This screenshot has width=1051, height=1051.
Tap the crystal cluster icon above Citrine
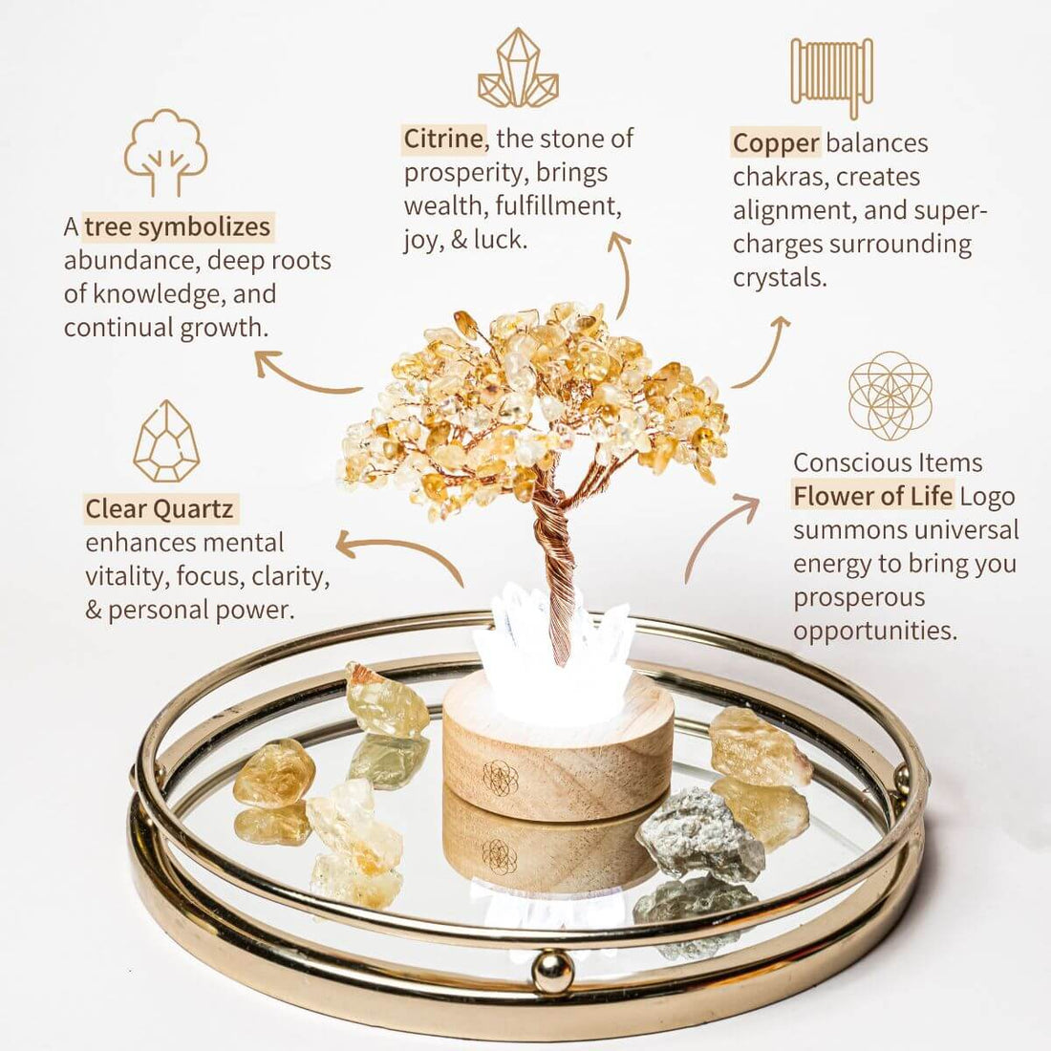pyautogui.click(x=518, y=69)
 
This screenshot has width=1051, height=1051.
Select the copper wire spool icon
pyautogui.click(x=832, y=76)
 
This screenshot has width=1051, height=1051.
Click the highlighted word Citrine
pyautogui.click(x=442, y=139)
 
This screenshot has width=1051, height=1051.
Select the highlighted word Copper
pyautogui.click(x=776, y=143)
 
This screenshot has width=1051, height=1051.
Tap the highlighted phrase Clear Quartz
pyautogui.click(x=160, y=508)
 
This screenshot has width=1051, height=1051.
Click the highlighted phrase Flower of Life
pyautogui.click(x=873, y=496)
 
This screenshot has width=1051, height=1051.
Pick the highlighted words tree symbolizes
pyautogui.click(x=178, y=226)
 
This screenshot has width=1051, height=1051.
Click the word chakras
pyautogui.click(x=778, y=177)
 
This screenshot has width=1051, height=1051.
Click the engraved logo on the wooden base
pyautogui.click(x=500, y=777)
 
